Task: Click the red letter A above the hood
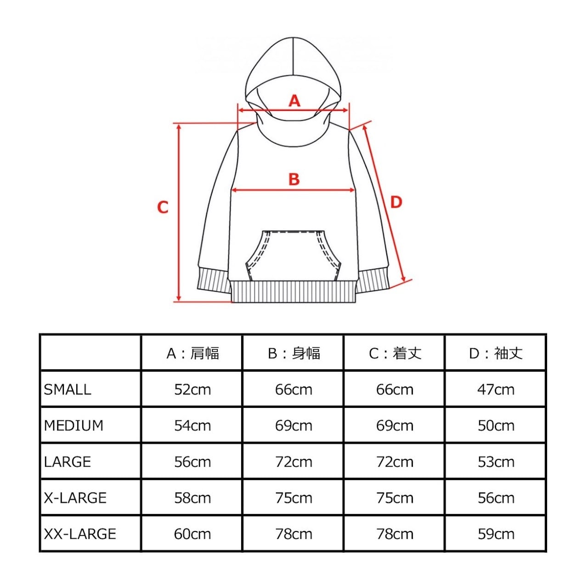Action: pyautogui.click(x=294, y=101)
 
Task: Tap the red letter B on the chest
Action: pyautogui.click(x=294, y=179)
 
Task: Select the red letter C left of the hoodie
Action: pyautogui.click(x=163, y=207)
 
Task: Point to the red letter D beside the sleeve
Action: pyautogui.click(x=396, y=202)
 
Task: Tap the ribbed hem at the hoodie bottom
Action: pyautogui.click(x=294, y=292)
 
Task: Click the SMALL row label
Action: pyautogui.click(x=68, y=390)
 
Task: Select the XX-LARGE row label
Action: pyautogui.click(x=80, y=534)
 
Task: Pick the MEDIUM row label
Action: pyautogui.click(x=73, y=425)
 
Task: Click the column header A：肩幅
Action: pyautogui.click(x=192, y=353)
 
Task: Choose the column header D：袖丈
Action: pyautogui.click(x=496, y=353)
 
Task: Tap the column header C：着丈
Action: pyautogui.click(x=395, y=353)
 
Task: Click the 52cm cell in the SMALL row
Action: pyautogui.click(x=192, y=390)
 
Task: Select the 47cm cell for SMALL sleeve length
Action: pyautogui.click(x=496, y=390)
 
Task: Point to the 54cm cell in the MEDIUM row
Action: pyautogui.click(x=192, y=425)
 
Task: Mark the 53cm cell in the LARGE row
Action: pyautogui.click(x=496, y=462)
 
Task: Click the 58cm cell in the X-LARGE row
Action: pyautogui.click(x=192, y=498)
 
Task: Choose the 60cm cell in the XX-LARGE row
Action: pyautogui.click(x=192, y=534)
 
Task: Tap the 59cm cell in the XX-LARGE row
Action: pyautogui.click(x=496, y=534)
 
